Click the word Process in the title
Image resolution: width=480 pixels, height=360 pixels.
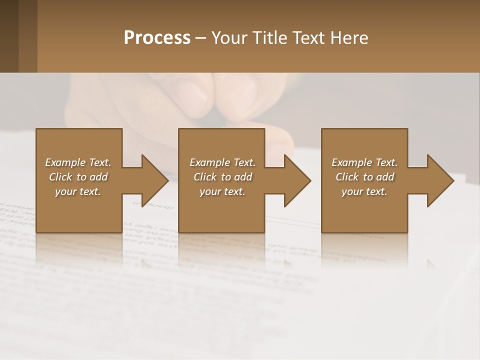point(157,38)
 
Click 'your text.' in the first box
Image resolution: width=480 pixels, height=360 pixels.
point(78,191)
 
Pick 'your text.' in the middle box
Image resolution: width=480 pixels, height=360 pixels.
point(222,191)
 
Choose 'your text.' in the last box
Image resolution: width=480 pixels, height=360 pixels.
point(364,191)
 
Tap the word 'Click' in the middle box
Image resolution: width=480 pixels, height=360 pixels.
point(205,177)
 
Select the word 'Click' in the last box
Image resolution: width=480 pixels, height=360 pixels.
point(347,177)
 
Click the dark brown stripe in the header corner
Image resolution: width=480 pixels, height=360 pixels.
point(9,36)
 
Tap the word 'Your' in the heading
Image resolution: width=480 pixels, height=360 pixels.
point(228,38)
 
